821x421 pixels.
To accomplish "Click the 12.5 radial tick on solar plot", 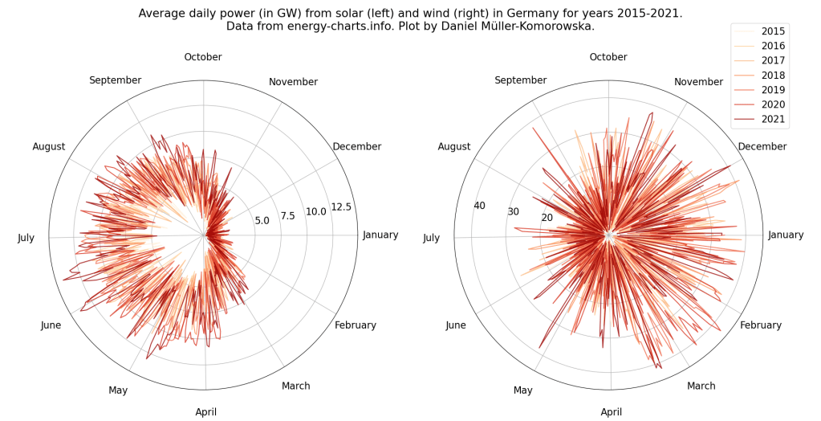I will (x=341, y=206).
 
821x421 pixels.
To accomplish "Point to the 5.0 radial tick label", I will (x=262, y=220).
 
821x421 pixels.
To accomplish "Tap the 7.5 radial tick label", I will (x=287, y=215).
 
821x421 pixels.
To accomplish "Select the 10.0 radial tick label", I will (x=315, y=211).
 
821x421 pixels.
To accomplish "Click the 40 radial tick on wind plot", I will (x=479, y=206).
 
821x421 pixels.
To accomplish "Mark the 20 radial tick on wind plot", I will (x=547, y=218).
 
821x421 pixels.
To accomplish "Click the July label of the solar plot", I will (x=26, y=238).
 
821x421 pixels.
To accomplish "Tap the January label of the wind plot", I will (x=786, y=235).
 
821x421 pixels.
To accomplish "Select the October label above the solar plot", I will (x=203, y=57).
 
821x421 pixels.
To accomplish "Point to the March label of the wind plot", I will (x=701, y=386).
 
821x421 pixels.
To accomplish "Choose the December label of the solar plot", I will (x=356, y=146).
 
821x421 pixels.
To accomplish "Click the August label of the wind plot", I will (x=454, y=146).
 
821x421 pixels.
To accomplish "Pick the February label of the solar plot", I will (x=355, y=325).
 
